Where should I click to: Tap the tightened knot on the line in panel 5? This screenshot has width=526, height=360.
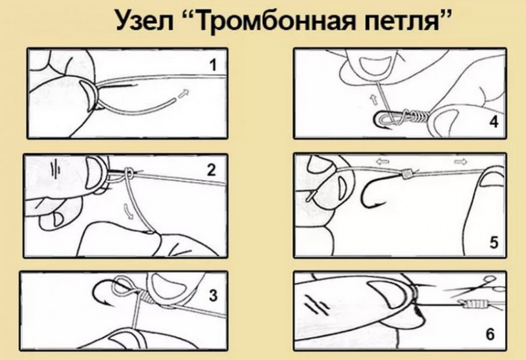click(x=406, y=173)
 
